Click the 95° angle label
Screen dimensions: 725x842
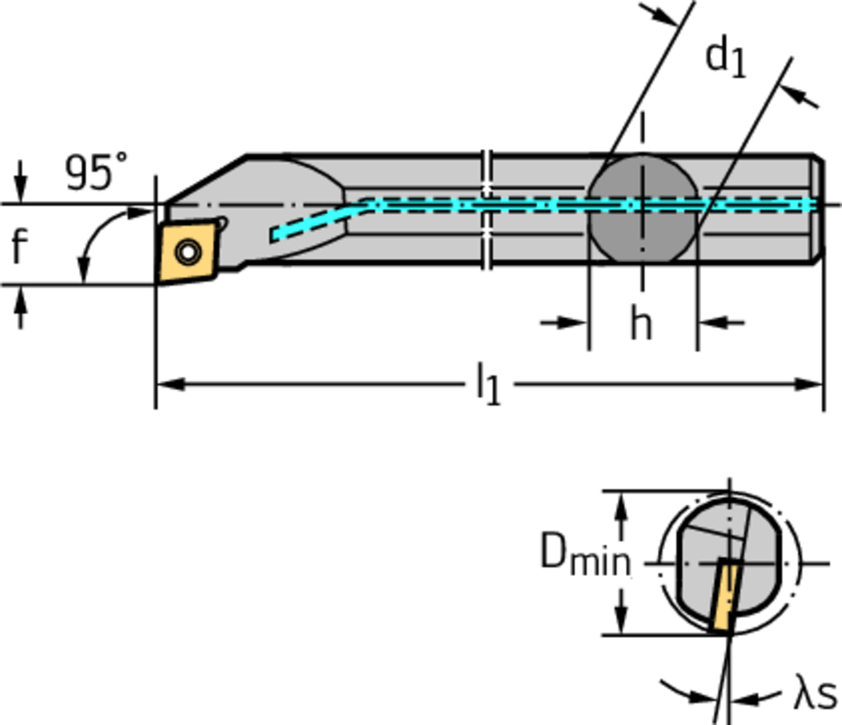click(96, 173)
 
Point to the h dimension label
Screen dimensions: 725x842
click(641, 323)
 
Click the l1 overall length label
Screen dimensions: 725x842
click(488, 385)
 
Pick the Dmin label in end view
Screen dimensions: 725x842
click(585, 554)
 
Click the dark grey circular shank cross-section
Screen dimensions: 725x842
click(641, 210)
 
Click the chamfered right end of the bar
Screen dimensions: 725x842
click(818, 209)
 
